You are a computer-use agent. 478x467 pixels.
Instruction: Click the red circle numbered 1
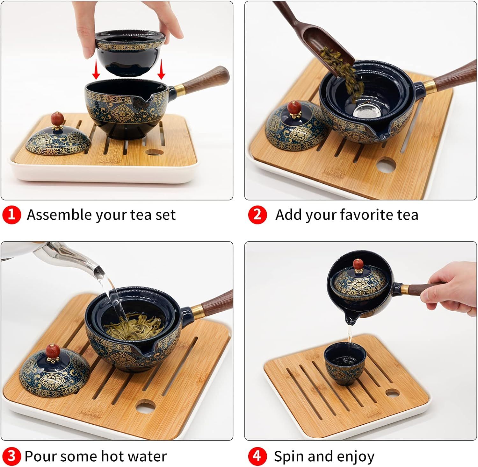(11, 215)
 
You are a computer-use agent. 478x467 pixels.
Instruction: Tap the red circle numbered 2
(257, 215)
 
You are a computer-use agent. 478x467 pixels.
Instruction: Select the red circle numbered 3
(11, 456)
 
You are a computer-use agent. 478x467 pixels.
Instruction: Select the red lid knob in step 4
(358, 264)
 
